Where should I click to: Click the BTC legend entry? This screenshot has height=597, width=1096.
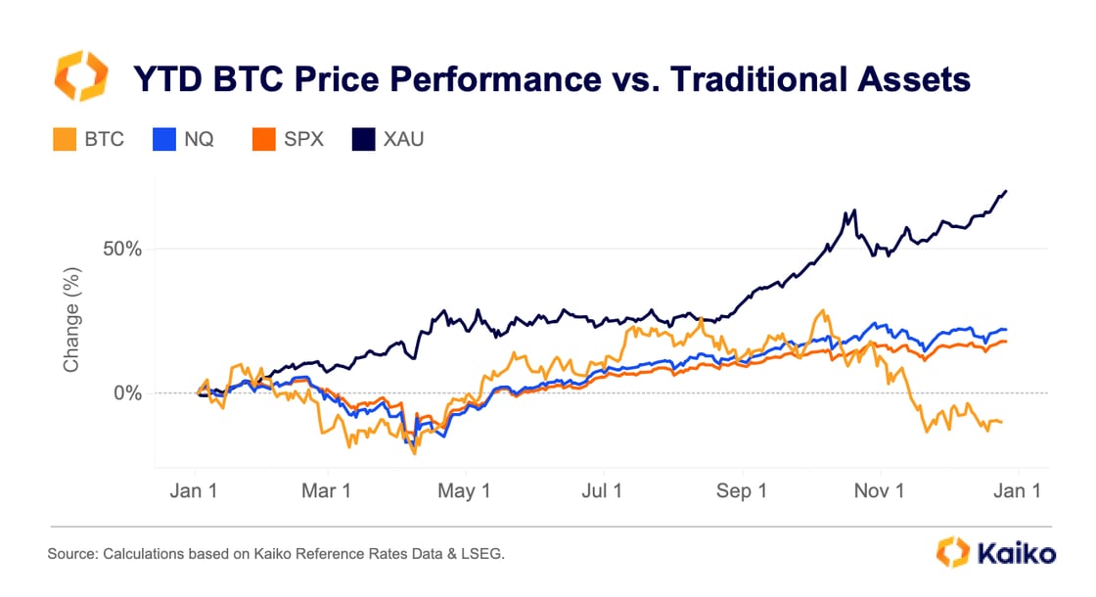pyautogui.click(x=89, y=138)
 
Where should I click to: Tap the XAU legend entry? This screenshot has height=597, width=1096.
pyautogui.click(x=388, y=138)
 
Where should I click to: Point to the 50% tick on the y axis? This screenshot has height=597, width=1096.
pyautogui.click(x=122, y=249)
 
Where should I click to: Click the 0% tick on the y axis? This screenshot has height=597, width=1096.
pyautogui.click(x=128, y=393)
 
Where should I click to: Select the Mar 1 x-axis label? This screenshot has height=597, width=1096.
pyautogui.click(x=328, y=490)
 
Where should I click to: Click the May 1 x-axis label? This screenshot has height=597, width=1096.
pyautogui.click(x=466, y=490)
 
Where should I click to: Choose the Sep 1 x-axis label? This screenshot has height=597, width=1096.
pyautogui.click(x=741, y=490)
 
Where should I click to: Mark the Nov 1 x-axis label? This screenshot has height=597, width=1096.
pyautogui.click(x=879, y=490)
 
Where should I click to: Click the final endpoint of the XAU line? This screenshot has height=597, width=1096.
pyautogui.click(x=1007, y=191)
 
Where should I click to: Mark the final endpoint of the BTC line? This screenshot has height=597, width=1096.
pyautogui.click(x=1002, y=422)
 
